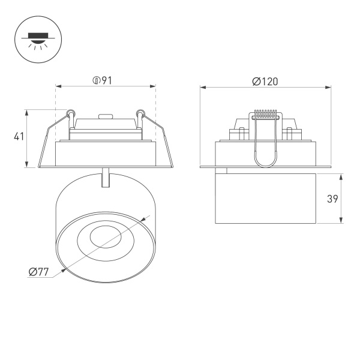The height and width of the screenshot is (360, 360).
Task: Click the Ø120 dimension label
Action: click(x=265, y=82)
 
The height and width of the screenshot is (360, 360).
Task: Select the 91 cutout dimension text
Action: click(x=107, y=81)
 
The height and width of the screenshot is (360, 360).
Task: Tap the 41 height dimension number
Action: click(x=19, y=137)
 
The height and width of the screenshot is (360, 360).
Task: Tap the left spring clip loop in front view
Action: click(x=71, y=112)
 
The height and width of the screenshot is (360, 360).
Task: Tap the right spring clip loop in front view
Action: click(x=140, y=112)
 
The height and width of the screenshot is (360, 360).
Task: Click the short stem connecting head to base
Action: click(x=106, y=178)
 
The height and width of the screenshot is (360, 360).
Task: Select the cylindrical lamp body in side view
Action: click(x=265, y=196)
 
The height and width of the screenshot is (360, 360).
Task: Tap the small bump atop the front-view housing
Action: click(x=105, y=117)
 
